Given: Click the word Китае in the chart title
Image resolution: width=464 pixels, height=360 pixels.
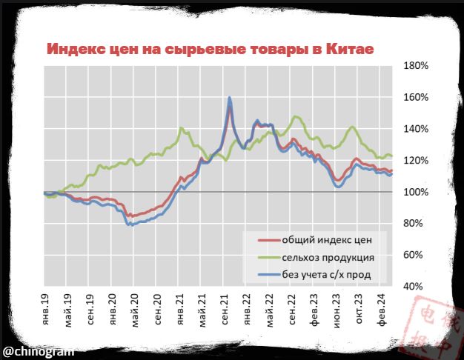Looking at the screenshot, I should coord(347,49).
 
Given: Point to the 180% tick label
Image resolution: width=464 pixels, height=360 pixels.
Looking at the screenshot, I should coord(416,66).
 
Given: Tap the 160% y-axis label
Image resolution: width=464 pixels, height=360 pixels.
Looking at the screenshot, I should coord(416,97).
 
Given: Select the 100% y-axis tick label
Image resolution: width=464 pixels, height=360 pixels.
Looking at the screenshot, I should coord(416,193).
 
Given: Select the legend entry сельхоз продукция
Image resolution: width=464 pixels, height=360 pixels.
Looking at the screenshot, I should coord(327,259).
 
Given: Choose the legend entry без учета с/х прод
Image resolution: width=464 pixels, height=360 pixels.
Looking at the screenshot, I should coord(325,276).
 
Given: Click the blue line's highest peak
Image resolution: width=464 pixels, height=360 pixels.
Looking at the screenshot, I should coord(230,98).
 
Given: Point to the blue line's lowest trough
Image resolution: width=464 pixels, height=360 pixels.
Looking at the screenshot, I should coord(130,224).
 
